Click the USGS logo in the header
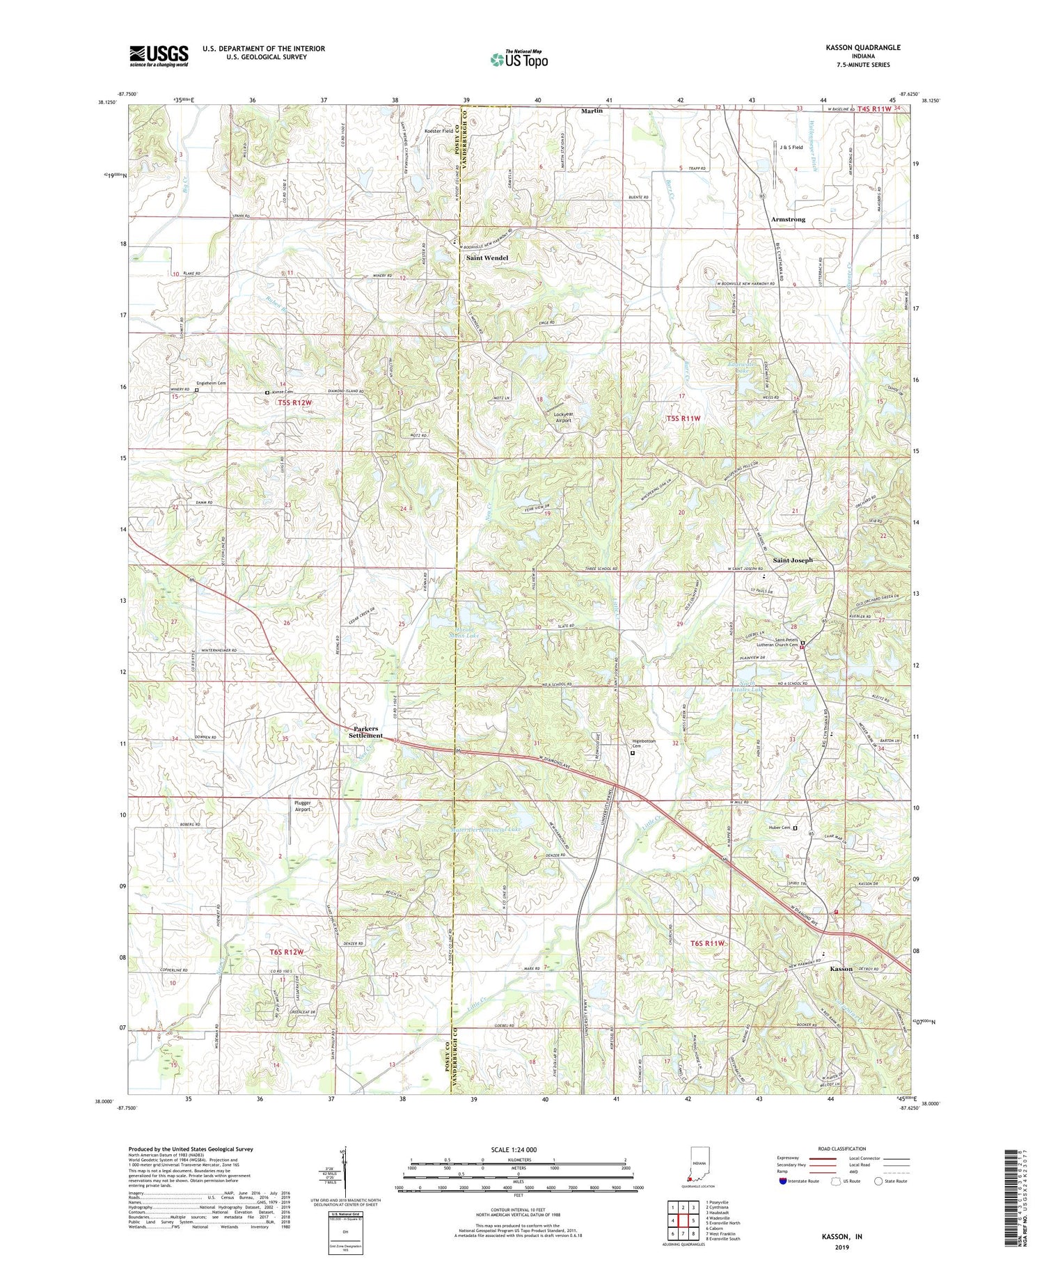[x=159, y=56]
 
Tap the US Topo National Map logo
[x=519, y=59]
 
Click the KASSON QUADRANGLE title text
[x=860, y=47]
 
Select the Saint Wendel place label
[x=487, y=258]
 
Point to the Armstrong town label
[x=788, y=219]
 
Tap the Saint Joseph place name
[x=793, y=560]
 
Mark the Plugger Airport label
[x=303, y=806]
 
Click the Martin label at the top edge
[x=592, y=111]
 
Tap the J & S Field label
[x=791, y=148]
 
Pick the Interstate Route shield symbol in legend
[x=783, y=1181]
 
